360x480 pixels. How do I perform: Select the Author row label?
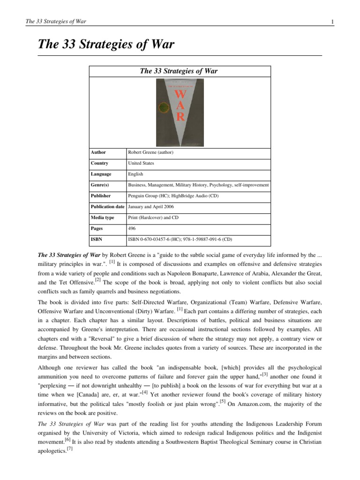pos(99,152)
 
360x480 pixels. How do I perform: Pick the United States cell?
pos(142,163)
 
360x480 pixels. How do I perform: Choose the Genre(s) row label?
pos(101,185)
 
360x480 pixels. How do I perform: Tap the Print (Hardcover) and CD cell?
pos(153,217)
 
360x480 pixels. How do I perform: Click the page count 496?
pos(132,228)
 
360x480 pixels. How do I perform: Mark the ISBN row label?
pos(97,239)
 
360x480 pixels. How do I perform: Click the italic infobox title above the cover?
pos(180,71)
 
